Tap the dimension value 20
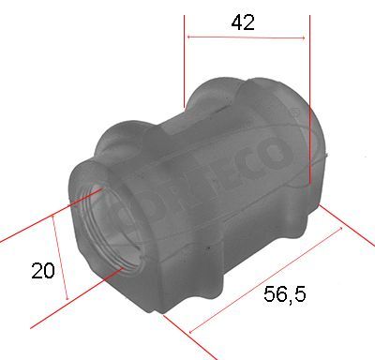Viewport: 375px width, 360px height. [x=41, y=271]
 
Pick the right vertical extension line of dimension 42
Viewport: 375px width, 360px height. [x=309, y=94]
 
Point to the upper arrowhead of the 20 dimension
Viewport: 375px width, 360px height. [x=54, y=215]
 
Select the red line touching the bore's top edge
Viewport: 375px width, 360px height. [x=37, y=221]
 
